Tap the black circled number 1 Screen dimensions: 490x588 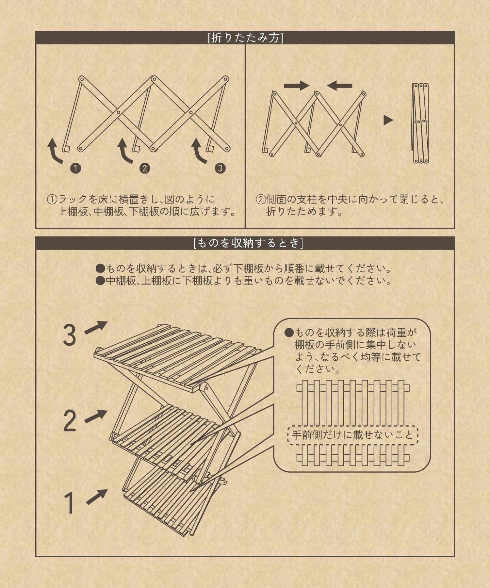(x=75, y=168)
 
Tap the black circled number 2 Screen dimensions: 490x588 (x=145, y=168)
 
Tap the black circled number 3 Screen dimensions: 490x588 (x=220, y=168)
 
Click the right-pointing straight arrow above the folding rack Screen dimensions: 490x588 (x=297, y=86)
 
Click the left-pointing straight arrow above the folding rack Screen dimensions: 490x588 (x=340, y=86)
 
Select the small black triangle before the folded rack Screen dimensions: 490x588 (x=388, y=120)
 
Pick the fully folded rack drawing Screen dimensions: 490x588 (x=420, y=123)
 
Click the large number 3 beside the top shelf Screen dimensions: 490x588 (x=69, y=335)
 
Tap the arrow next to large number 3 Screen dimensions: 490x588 (x=96, y=327)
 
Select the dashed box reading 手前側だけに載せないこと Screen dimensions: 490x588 (x=353, y=435)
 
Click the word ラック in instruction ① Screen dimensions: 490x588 (x=73, y=199)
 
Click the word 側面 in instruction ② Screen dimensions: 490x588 (x=276, y=199)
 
